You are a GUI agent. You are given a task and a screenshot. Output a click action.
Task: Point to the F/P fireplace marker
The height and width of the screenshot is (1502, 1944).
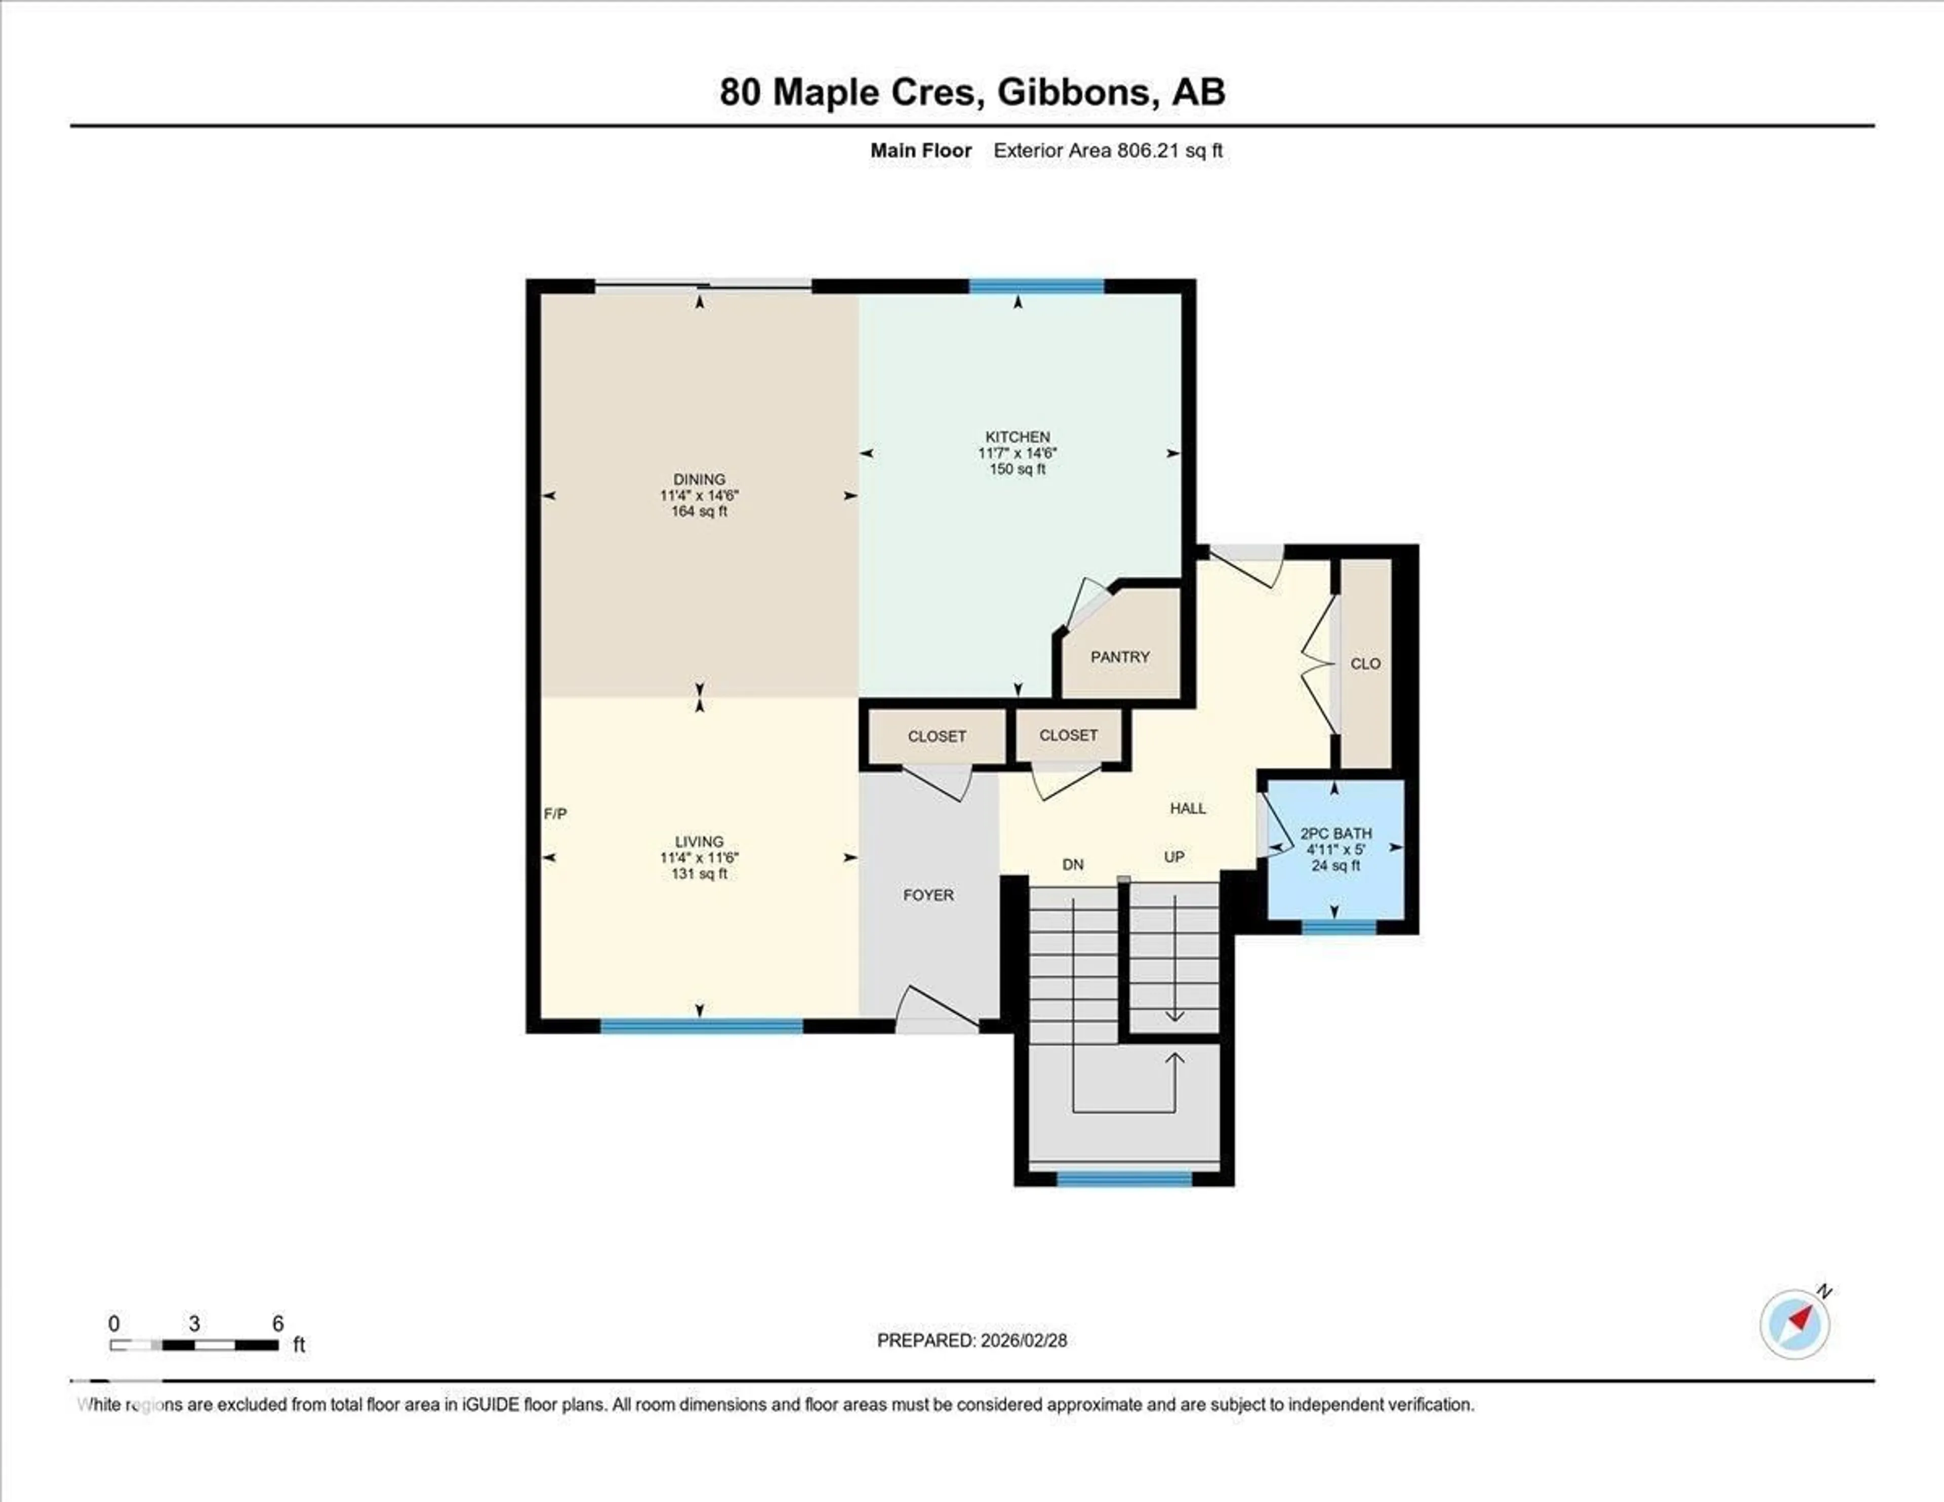pos(555,813)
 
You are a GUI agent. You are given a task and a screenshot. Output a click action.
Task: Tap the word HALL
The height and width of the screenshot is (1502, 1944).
pos(1187,808)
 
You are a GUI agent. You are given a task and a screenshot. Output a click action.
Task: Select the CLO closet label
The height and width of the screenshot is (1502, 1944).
pos(1364,663)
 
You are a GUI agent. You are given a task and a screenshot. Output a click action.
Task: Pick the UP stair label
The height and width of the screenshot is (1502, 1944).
pos(1174,856)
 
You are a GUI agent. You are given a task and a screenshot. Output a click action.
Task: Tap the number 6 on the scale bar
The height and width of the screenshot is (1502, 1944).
pos(278,1323)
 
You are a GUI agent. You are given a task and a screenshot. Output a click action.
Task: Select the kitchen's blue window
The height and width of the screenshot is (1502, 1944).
pos(1036,286)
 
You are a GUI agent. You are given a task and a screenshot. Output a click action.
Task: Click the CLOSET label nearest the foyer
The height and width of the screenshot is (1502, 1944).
pos(937,736)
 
